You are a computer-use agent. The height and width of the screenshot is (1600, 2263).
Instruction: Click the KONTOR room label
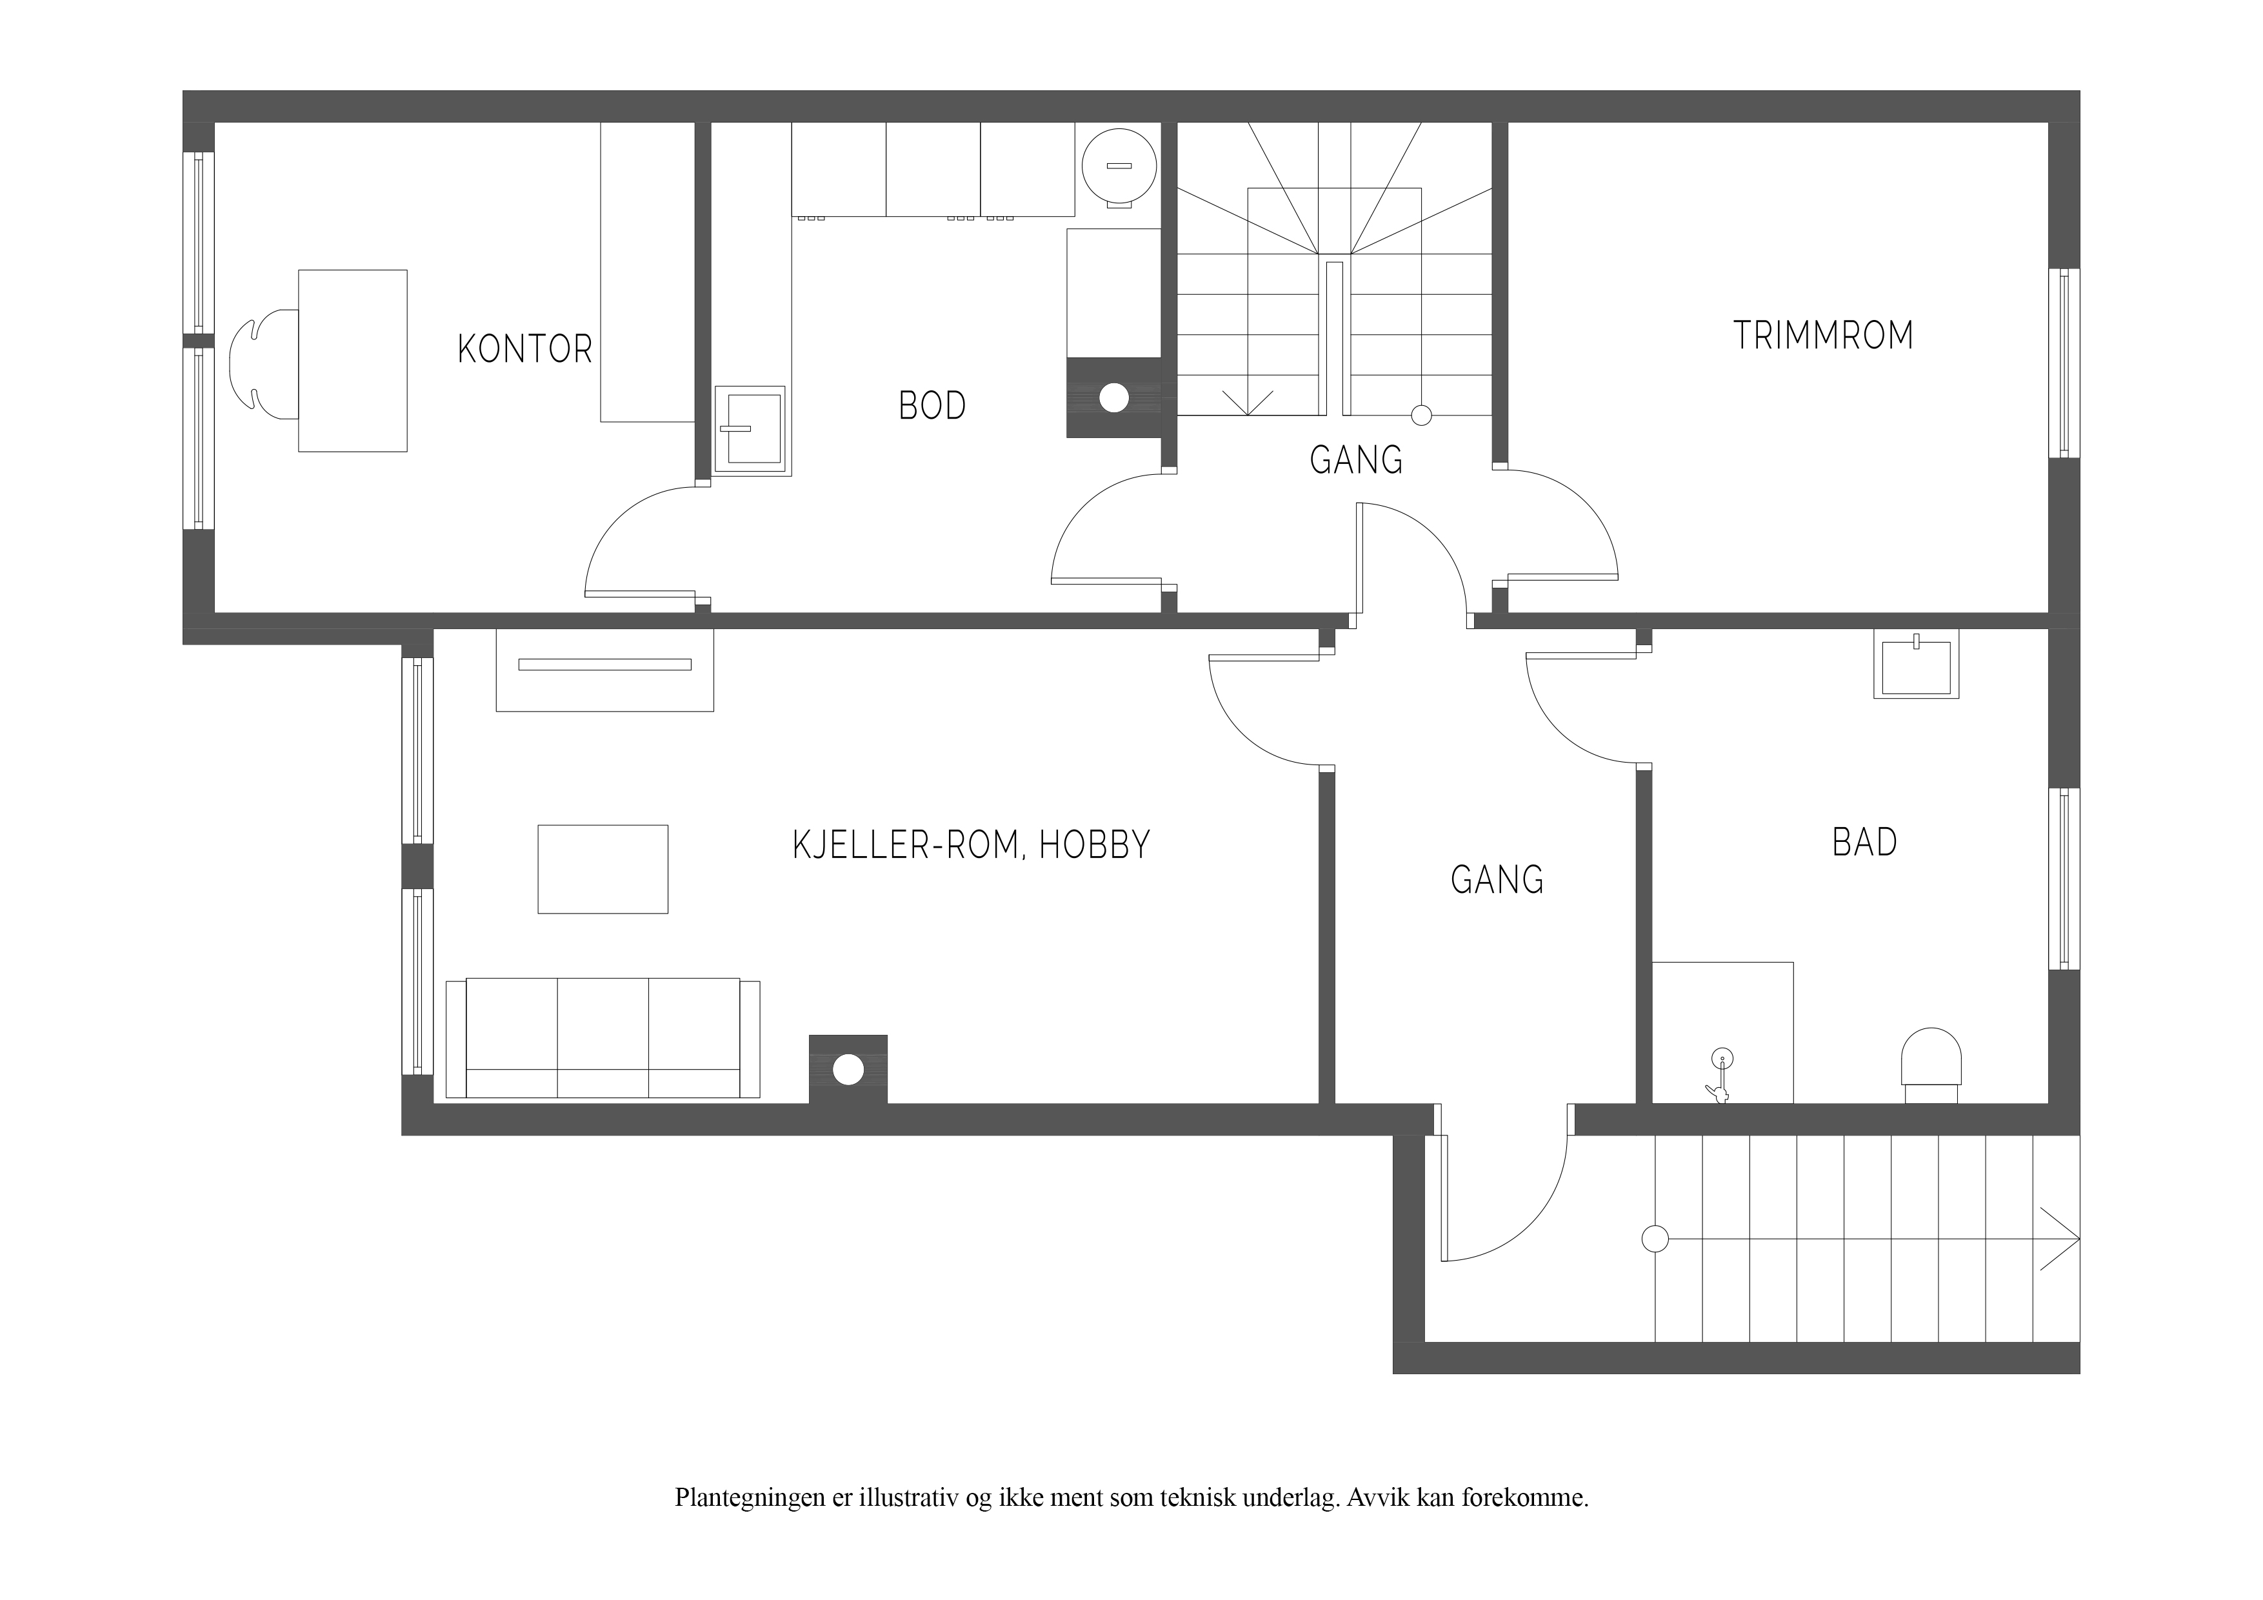[x=524, y=349]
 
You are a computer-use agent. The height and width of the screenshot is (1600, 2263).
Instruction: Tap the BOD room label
[x=932, y=406]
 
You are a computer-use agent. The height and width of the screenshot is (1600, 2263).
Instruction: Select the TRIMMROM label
[x=1824, y=336]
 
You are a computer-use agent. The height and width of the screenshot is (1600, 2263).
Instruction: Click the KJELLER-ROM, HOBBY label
[x=972, y=845]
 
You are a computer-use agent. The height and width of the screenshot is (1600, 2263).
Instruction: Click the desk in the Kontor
[x=353, y=361]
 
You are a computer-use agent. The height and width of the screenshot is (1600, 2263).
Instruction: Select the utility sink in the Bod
[x=751, y=431]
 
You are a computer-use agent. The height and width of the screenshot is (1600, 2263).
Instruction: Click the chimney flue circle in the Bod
[x=1113, y=398]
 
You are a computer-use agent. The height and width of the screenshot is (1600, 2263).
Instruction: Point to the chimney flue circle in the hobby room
[x=849, y=1070]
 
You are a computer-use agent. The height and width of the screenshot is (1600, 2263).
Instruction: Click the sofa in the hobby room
[x=603, y=1038]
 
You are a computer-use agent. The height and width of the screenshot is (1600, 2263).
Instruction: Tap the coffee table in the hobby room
[x=603, y=868]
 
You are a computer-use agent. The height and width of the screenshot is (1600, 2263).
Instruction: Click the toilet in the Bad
[x=1931, y=1065]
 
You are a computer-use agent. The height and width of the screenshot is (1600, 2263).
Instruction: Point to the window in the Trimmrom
[x=2064, y=363]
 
